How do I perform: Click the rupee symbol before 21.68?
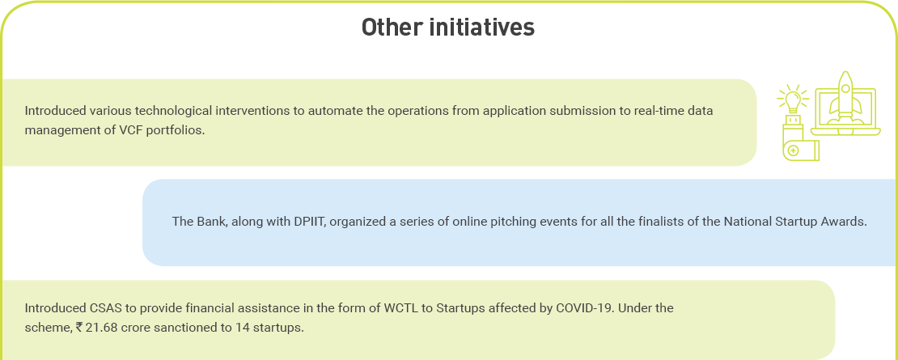[79, 328]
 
